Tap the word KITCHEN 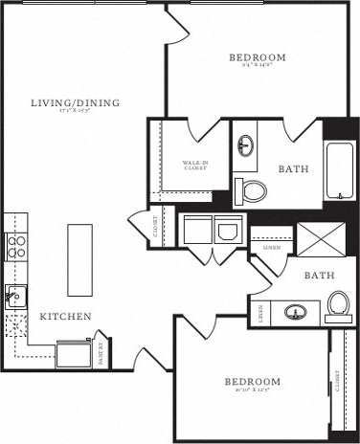pos(65,317)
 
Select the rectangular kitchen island pos(79,260)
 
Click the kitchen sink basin pos(14,298)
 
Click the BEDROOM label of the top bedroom pos(258,58)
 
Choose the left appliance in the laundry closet pos(198,231)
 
